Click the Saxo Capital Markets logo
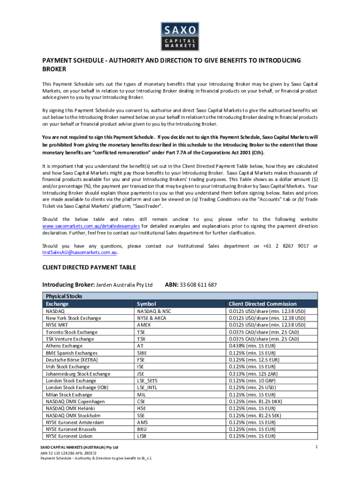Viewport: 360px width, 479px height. tap(180, 36)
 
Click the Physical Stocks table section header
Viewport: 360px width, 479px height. tap(64, 296)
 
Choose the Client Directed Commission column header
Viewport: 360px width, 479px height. tap(262, 304)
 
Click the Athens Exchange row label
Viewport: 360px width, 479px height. tap(64, 346)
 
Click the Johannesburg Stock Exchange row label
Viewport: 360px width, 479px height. tap(78, 374)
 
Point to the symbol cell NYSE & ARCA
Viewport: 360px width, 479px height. tap(151, 318)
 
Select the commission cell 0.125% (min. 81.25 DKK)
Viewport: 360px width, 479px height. tap(255, 401)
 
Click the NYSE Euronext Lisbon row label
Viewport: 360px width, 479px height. tap(69, 436)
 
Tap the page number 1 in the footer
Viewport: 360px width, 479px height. tap(317, 448)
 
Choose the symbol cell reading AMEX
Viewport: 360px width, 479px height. tap(144, 325)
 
